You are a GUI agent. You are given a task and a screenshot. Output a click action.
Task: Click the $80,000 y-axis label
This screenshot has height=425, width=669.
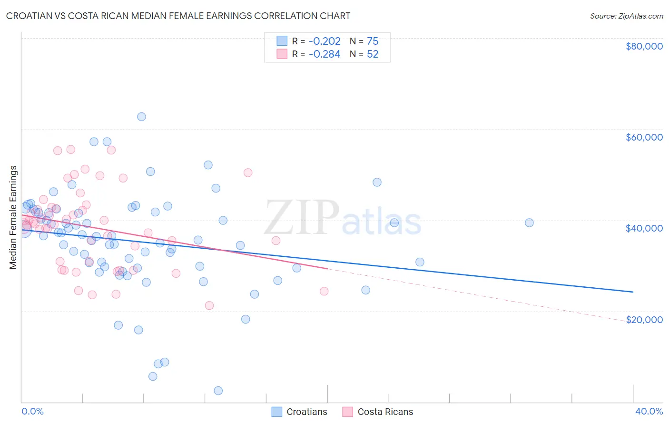644,46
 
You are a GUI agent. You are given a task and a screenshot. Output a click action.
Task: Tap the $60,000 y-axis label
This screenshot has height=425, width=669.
644,137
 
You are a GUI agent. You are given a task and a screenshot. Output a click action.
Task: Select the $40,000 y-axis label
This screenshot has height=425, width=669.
644,228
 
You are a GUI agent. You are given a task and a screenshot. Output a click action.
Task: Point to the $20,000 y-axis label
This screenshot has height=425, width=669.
644,319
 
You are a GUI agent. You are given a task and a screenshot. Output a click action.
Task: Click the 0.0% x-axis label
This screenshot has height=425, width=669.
32,411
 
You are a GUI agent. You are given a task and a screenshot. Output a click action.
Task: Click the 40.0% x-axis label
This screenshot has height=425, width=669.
649,411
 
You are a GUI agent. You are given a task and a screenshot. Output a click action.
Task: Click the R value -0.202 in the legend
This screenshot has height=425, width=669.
325,41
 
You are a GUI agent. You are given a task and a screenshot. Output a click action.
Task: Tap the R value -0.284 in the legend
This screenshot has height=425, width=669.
325,54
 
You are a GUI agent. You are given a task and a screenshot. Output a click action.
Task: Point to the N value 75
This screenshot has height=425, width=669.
373,41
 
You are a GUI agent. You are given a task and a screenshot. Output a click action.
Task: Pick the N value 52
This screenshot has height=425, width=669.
373,54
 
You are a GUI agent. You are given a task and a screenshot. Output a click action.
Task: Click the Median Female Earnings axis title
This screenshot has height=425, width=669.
13,217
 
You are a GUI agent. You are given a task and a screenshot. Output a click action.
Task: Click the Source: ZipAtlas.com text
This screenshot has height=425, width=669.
626,16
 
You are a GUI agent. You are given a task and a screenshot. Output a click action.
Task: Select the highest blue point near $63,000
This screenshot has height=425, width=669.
141,117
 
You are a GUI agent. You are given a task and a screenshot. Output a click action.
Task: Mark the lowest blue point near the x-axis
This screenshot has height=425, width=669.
218,391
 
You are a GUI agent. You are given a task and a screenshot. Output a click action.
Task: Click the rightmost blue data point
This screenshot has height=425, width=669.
529,223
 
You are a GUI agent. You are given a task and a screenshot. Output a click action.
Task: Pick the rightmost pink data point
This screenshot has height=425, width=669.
324,291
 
